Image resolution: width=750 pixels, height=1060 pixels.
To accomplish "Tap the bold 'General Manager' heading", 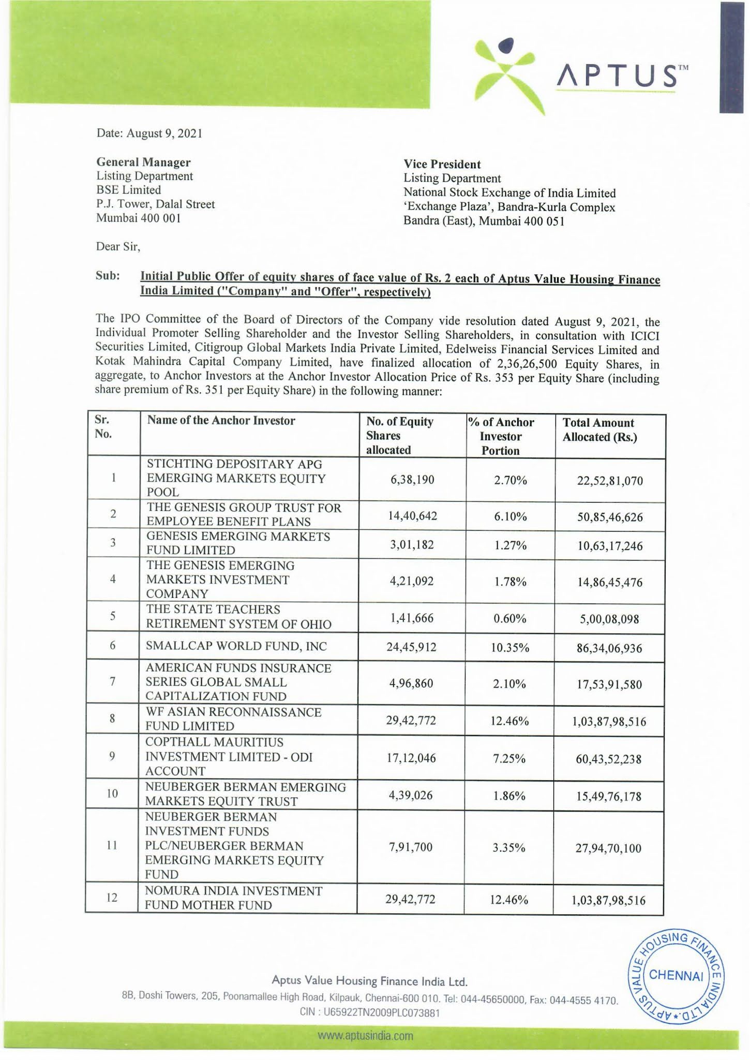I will click(x=143, y=163).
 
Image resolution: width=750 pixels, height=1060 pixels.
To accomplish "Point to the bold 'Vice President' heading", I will click(x=442, y=165).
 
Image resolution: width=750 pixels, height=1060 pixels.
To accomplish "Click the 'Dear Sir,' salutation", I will click(x=118, y=246).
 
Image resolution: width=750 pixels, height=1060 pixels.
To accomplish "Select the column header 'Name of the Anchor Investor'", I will click(x=221, y=421).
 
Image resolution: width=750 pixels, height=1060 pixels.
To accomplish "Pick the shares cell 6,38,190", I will click(x=412, y=480).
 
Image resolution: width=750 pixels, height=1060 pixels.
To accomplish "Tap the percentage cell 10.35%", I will click(x=509, y=647).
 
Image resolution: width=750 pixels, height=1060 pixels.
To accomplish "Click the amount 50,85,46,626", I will click(x=610, y=517).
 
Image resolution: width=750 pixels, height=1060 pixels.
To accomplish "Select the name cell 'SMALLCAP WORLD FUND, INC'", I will click(x=236, y=646).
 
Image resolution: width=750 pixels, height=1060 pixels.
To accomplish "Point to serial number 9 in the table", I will click(x=112, y=757).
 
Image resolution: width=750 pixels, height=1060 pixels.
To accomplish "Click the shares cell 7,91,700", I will click(x=411, y=847).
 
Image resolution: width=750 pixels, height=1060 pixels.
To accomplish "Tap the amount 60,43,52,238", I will click(x=608, y=759).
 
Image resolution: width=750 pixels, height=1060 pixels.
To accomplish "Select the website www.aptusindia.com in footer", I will click(x=366, y=1036).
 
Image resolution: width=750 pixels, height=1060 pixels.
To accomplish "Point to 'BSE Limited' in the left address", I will click(x=128, y=190).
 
